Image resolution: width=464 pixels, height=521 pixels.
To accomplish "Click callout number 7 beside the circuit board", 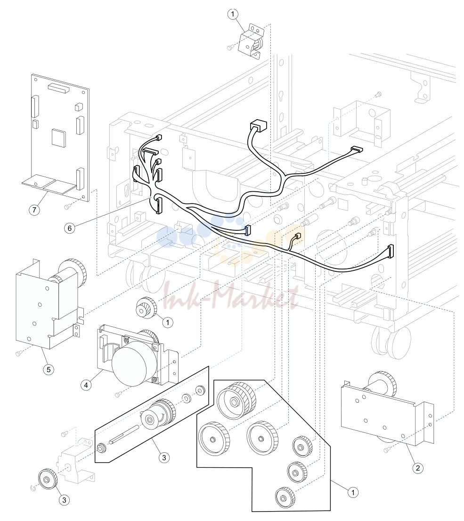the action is click(x=34, y=210).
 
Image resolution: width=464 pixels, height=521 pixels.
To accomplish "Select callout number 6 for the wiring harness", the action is click(x=69, y=228).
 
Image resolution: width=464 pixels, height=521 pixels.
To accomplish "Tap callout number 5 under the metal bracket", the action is click(x=49, y=369).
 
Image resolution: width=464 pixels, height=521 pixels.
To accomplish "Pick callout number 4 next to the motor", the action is click(x=86, y=385).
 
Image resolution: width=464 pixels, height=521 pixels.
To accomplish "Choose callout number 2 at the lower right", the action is click(x=418, y=468).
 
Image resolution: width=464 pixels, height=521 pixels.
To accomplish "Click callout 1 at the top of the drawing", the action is click(x=233, y=14).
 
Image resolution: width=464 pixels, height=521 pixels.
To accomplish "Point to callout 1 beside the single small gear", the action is click(x=168, y=322).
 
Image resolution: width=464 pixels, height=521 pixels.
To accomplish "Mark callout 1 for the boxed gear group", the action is click(x=353, y=492).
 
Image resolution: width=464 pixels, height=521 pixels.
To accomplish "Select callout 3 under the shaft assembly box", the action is click(x=164, y=457).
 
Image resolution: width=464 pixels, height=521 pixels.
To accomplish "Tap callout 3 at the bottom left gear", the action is click(x=64, y=500).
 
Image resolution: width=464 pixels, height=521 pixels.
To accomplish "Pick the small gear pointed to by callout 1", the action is click(x=145, y=307).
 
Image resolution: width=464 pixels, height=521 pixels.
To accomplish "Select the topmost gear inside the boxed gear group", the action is click(x=236, y=400).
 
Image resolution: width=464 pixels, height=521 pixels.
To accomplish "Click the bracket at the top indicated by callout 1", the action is click(x=251, y=41).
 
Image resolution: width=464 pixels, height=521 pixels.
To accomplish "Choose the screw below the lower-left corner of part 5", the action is click(x=18, y=353).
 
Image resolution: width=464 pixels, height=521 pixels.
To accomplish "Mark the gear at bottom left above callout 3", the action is click(x=48, y=479).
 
